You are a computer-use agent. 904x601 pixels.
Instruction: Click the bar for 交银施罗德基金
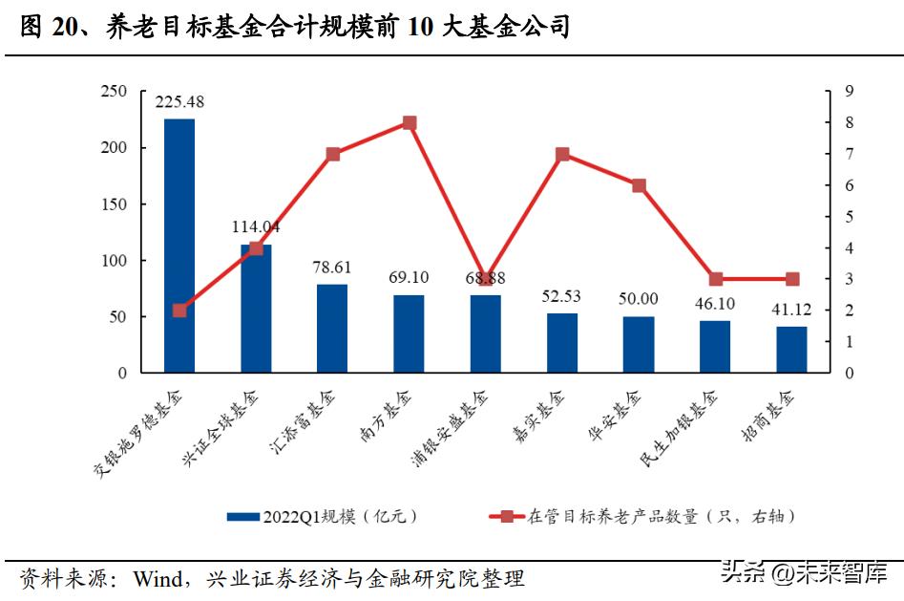click(x=179, y=246)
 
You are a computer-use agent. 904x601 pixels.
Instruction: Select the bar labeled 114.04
click(x=256, y=309)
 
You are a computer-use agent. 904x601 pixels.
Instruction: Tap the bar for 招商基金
click(x=791, y=349)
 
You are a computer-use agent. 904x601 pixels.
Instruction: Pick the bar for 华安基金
click(x=639, y=344)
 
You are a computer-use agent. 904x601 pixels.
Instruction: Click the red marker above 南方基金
click(x=410, y=123)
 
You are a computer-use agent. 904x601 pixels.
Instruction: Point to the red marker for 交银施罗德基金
click(x=179, y=311)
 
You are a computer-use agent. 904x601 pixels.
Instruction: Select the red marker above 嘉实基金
click(x=562, y=154)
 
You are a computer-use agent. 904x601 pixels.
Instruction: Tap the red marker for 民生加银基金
click(x=715, y=279)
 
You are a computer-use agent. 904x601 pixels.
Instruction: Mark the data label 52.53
click(x=560, y=296)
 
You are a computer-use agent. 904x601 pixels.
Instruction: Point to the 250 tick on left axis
click(x=114, y=92)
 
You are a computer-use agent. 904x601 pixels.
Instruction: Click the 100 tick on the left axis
click(x=114, y=261)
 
